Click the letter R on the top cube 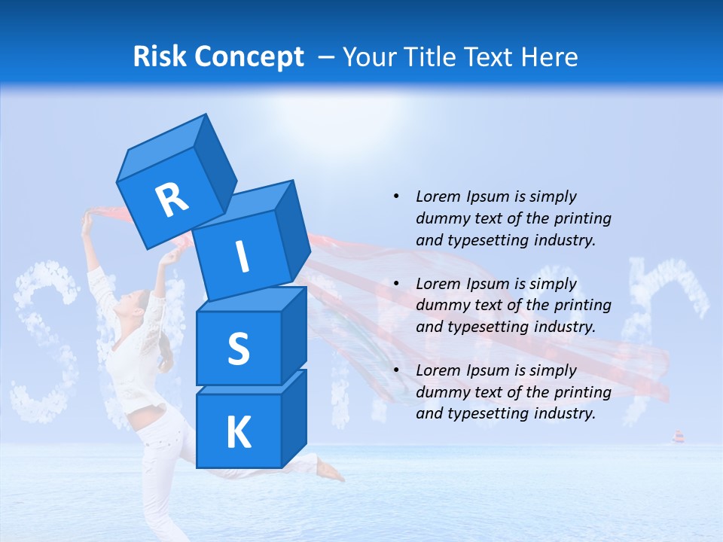pyautogui.click(x=172, y=199)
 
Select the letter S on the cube pyautogui.click(x=238, y=349)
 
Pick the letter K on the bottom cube pyautogui.click(x=238, y=433)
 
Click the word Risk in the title pyautogui.click(x=160, y=56)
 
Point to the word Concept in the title pyautogui.click(x=249, y=56)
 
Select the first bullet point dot pyautogui.click(x=396, y=196)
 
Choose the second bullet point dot pyautogui.click(x=396, y=284)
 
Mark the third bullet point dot pyautogui.click(x=396, y=370)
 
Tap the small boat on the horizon pyautogui.click(x=678, y=437)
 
